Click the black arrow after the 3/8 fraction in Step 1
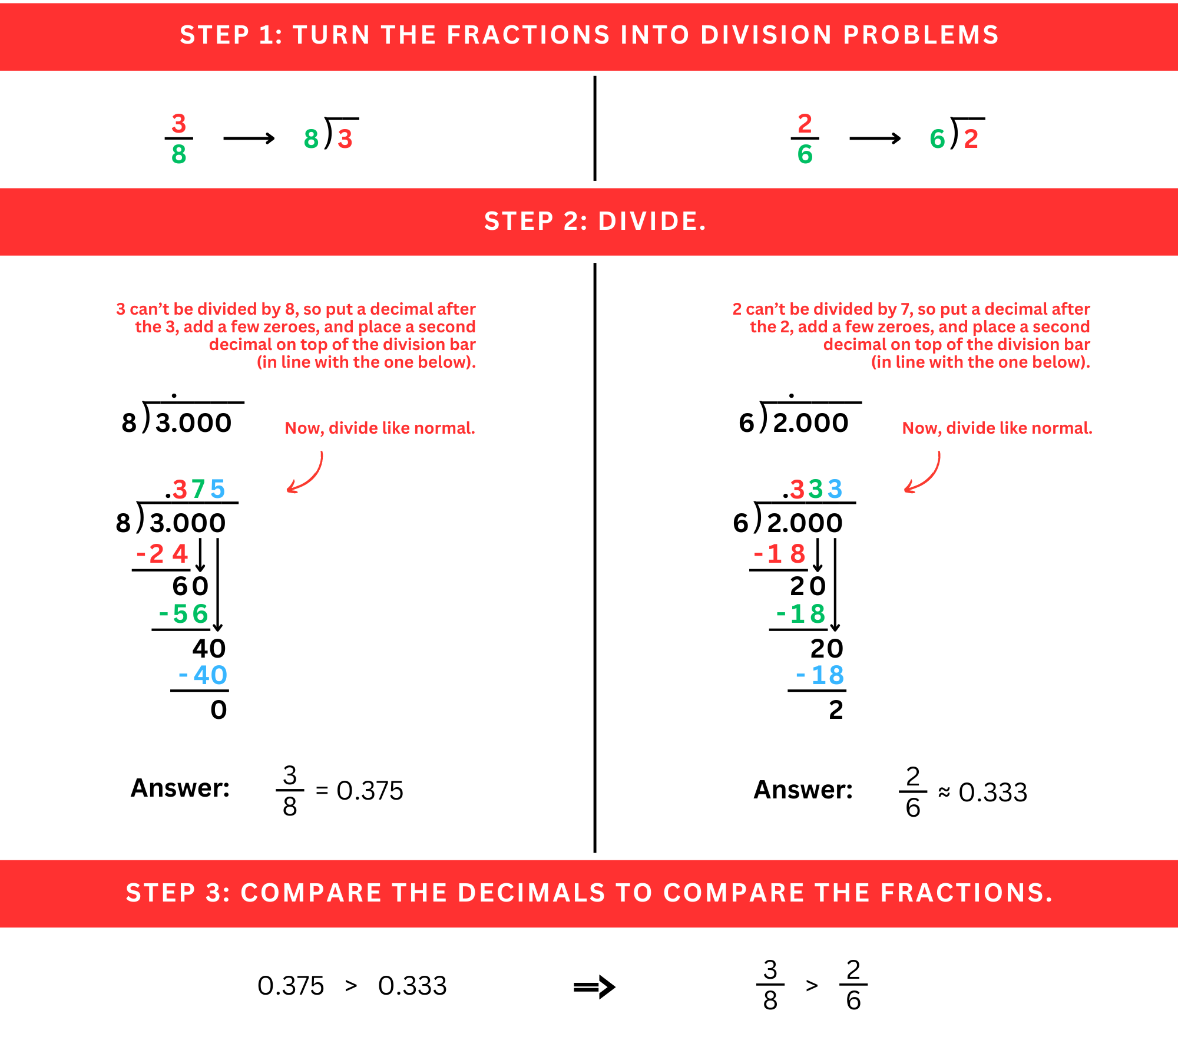249,138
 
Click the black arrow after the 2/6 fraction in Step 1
875,138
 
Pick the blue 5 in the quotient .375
218,489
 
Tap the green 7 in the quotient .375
198,489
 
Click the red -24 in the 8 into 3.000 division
163,554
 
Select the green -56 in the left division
184,614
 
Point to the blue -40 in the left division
203,675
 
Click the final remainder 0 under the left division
219,710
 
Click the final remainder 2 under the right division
836,710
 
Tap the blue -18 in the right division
820,675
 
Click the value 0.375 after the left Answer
370,791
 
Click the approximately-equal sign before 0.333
944,792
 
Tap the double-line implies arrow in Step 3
594,987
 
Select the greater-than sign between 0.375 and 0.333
351,986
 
